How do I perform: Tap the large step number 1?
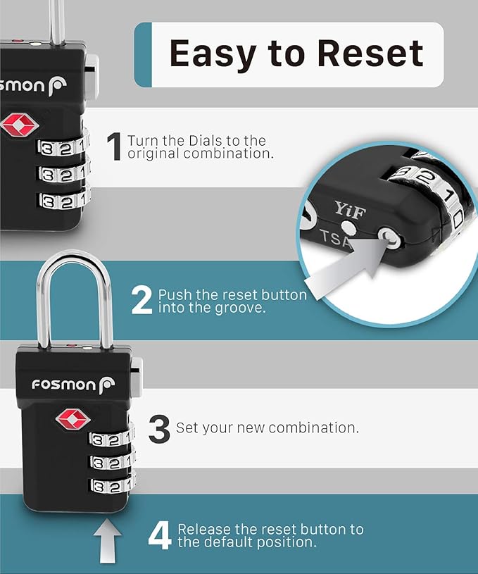[114, 146]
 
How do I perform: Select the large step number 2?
[141, 301]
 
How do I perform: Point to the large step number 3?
[159, 428]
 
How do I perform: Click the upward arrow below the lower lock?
[107, 540]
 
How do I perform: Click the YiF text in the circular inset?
[350, 208]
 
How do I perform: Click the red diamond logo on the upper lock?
[20, 125]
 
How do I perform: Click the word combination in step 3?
[313, 428]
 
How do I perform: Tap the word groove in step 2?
[243, 308]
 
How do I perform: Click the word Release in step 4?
[206, 529]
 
